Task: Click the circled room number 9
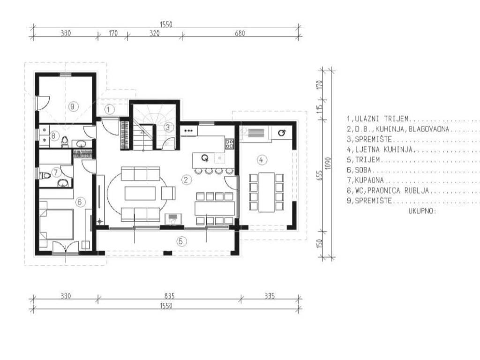72,106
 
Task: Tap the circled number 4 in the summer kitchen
261,159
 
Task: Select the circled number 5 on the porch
181,241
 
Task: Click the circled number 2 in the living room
186,180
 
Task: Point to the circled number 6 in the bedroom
80,202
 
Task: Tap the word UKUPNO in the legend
421,211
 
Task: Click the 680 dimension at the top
240,33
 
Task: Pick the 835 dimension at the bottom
169,295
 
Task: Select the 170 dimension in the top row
113,33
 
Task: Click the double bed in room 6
56,225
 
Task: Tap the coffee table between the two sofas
140,194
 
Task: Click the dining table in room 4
266,192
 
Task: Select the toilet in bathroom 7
45,176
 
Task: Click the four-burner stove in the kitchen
230,144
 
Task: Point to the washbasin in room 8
81,143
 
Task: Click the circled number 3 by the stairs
168,127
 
